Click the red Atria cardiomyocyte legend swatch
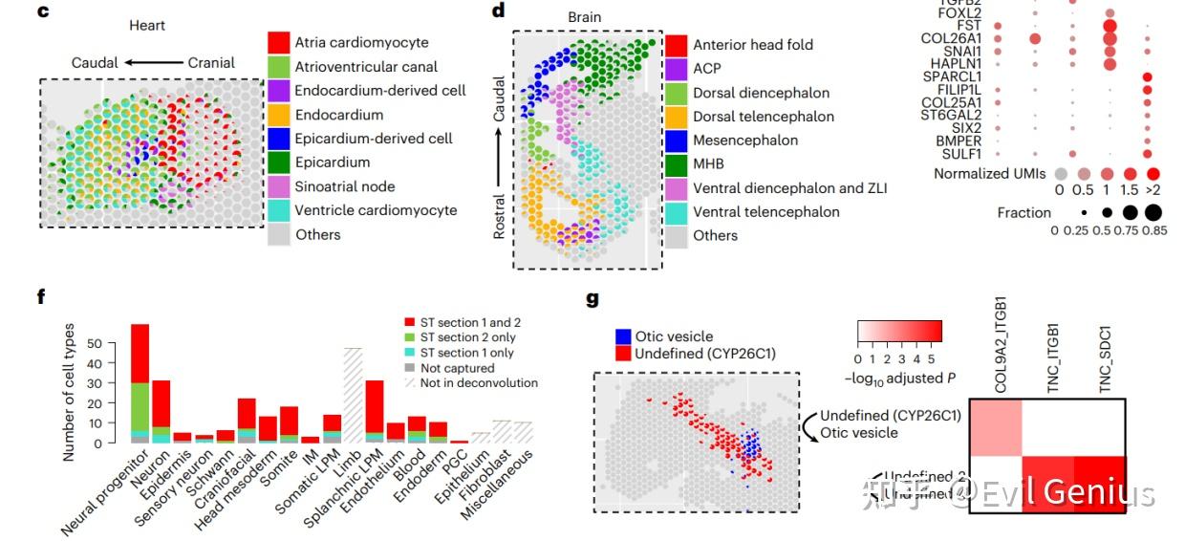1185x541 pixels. click(278, 42)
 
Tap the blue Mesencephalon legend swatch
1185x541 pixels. click(676, 140)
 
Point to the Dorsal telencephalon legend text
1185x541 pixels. click(764, 117)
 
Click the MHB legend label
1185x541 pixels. click(709, 163)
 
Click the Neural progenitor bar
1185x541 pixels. click(140, 382)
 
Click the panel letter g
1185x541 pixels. click(592, 299)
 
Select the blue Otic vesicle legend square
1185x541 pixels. click(622, 336)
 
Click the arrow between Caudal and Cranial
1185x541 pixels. click(154, 63)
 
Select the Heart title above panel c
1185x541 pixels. click(148, 25)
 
